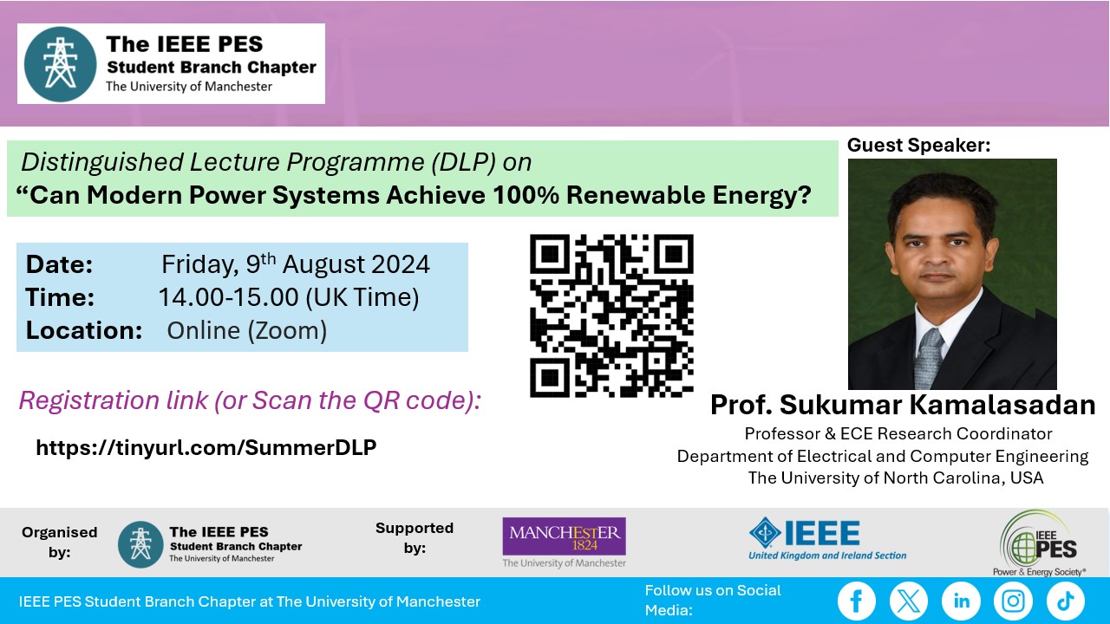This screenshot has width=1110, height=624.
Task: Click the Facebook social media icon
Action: pos(856,601)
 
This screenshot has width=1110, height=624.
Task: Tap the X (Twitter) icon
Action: pos(908,601)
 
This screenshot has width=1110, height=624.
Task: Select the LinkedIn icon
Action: pos(961,601)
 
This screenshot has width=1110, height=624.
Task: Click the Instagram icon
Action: pos(1013,601)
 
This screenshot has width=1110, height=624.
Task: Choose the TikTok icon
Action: pos(1066,601)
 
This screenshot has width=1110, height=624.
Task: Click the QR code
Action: pos(611,315)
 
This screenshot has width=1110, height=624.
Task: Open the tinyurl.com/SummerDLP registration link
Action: pos(206,448)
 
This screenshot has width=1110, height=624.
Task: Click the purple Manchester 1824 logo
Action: pos(564,536)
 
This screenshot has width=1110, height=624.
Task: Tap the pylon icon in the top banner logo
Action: pos(60,64)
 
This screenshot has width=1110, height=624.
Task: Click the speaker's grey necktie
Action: pos(929,358)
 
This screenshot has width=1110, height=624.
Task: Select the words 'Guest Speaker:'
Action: pos(918,145)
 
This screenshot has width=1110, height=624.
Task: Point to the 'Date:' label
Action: pos(59,264)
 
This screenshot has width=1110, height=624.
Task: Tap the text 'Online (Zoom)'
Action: pos(247,331)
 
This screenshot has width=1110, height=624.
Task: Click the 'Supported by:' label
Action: pos(415,538)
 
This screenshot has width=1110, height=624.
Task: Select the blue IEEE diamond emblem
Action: pos(766,533)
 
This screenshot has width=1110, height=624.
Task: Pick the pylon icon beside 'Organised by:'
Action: pos(140,544)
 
